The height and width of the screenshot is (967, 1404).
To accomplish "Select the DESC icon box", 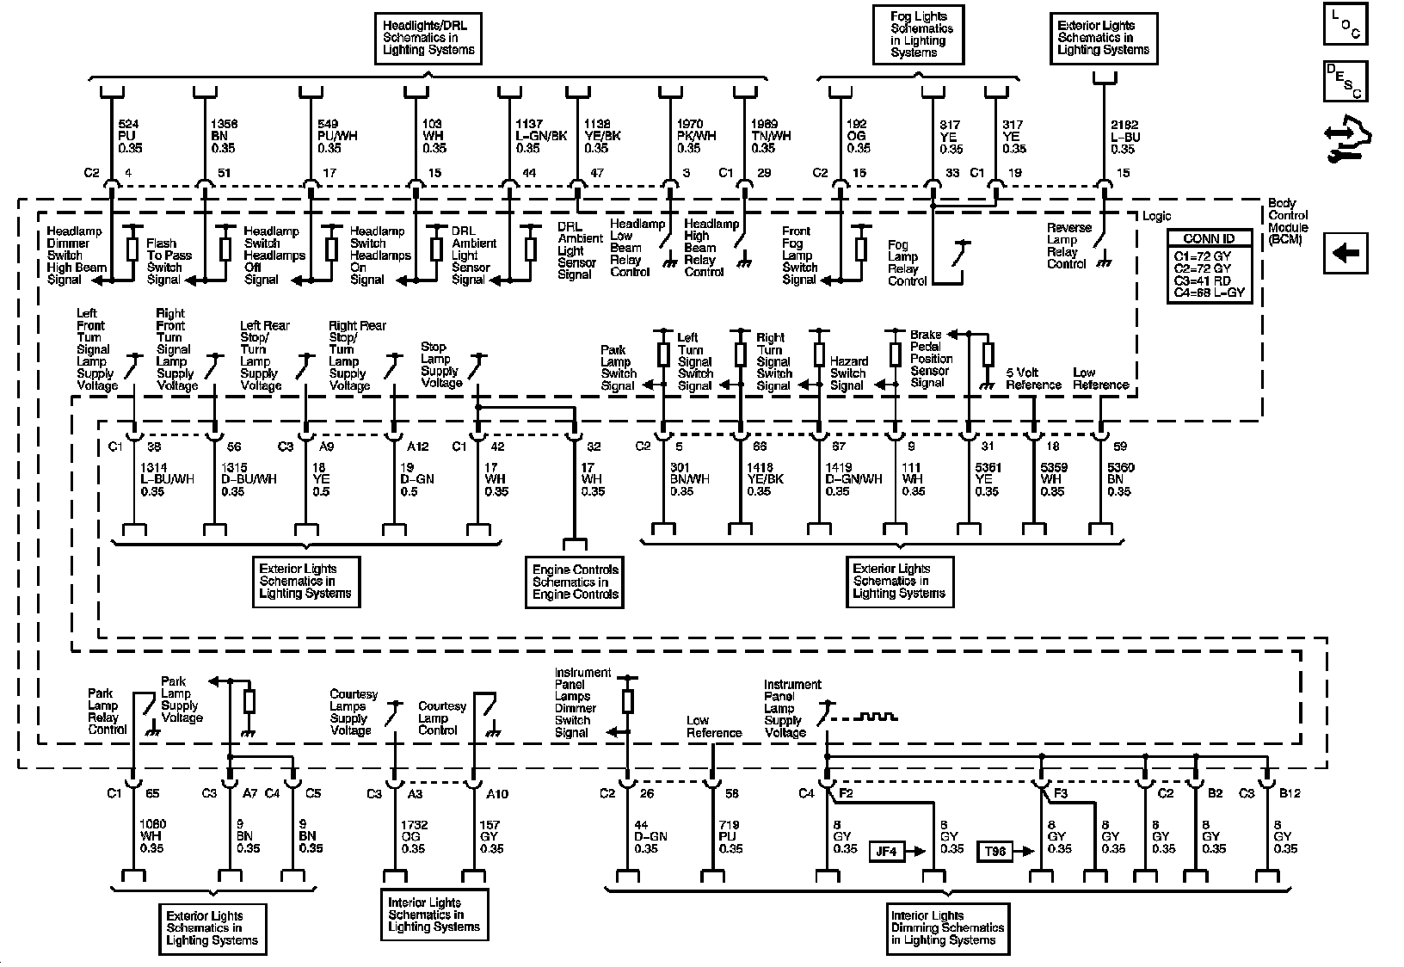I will pos(1345,81).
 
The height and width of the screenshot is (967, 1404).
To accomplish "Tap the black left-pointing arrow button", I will pos(1345,253).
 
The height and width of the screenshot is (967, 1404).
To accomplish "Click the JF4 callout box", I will pos(886,852).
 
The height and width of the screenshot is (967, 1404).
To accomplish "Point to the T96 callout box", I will pos(995,852).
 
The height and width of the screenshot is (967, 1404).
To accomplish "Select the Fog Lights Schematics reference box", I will pos(919,34).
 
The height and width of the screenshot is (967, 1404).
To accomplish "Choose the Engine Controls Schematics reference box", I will pos(576,582).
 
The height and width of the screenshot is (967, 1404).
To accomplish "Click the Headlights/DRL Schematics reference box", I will pos(428,38).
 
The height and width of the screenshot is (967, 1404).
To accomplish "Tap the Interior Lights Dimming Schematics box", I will pos(947,927).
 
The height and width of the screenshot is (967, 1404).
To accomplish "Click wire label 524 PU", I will pos(131,136).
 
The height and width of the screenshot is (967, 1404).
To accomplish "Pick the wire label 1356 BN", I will pos(224,136).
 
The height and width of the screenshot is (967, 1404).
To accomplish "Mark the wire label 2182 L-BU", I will pos(1126,137).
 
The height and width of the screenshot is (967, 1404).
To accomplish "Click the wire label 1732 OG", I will pos(414,836).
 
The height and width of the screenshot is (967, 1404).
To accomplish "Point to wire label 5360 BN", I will pos(1120,479).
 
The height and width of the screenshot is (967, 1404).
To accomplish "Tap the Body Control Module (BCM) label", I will pos(1288,221).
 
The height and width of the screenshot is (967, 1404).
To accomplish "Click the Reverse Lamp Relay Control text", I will pos(1068,246).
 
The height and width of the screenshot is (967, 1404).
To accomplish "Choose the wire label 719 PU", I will pos(730,836).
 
